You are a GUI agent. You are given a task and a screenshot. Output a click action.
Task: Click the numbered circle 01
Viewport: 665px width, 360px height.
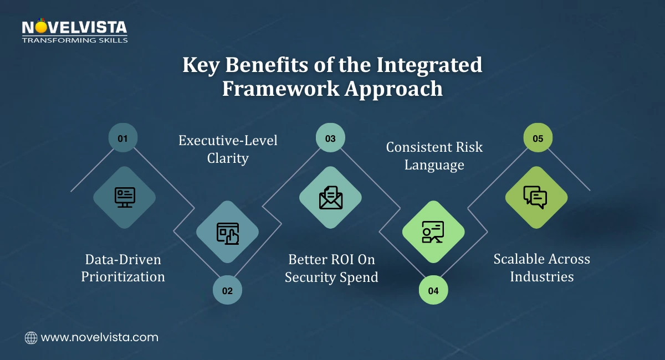[122, 138]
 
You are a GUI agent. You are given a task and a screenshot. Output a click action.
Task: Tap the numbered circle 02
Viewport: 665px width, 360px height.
[227, 290]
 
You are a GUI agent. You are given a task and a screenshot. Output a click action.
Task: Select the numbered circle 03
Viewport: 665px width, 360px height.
[330, 138]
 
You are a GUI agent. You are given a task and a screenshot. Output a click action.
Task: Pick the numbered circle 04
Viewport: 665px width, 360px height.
[433, 290]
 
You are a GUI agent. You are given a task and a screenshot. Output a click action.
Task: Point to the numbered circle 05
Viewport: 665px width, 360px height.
[538, 138]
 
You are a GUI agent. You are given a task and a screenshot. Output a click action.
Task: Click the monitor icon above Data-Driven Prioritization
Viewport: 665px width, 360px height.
[125, 197]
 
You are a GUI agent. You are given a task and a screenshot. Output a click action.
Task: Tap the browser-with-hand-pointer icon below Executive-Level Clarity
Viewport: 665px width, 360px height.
[227, 233]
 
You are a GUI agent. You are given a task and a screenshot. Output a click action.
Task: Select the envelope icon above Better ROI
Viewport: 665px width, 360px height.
[330, 197]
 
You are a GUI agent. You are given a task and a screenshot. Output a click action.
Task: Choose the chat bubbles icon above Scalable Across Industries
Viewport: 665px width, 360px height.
[536, 197]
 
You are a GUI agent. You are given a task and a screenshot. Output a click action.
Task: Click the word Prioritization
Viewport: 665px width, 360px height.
[123, 277]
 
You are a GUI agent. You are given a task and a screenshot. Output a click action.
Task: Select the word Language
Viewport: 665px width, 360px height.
[434, 165]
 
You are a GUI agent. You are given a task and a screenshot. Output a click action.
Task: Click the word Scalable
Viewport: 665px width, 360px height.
[519, 259]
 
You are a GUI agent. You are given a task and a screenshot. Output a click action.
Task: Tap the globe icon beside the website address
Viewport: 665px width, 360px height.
[31, 337]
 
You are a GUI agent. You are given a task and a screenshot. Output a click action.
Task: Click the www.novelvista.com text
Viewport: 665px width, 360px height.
[100, 337]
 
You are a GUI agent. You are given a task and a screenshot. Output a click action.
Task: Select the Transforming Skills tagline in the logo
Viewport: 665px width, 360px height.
[75, 40]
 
